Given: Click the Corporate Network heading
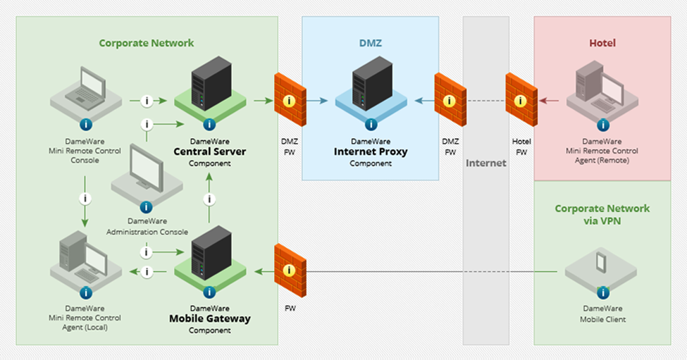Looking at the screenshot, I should pyautogui.click(x=146, y=43).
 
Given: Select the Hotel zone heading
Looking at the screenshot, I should pyautogui.click(x=602, y=43).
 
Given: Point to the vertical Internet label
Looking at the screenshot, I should pyautogui.click(x=485, y=163).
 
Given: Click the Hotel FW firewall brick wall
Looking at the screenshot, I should pyautogui.click(x=521, y=99).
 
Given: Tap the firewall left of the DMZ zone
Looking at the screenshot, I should pyautogui.click(x=289, y=99).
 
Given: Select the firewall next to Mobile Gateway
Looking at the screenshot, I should pyautogui.click(x=289, y=269).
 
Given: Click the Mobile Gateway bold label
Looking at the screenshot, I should pyautogui.click(x=209, y=318).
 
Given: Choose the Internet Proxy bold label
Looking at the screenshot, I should pyautogui.click(x=371, y=151).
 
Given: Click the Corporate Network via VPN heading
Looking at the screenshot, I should pyautogui.click(x=602, y=214).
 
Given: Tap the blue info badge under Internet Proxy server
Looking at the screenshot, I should pyautogui.click(x=371, y=125).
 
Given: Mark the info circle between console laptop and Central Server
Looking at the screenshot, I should pyautogui.click(x=147, y=101).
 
